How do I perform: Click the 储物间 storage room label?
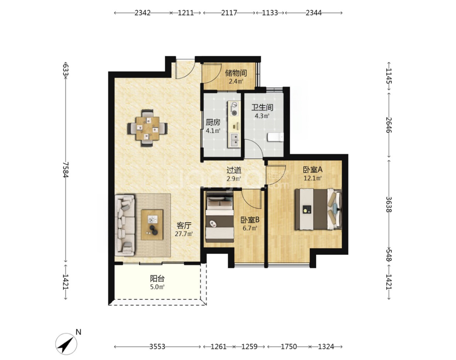[x=236, y=72]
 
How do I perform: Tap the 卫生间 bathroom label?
[x=262, y=107]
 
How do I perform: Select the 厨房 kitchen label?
[x=213, y=122]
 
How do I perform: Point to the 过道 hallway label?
[x=234, y=170]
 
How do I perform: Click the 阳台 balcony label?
[x=157, y=278]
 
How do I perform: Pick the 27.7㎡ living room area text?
[x=184, y=234]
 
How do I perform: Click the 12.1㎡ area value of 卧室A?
[x=313, y=178]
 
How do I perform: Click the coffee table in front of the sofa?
[x=152, y=225]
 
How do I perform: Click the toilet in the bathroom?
[x=275, y=137]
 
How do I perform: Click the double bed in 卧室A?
[x=318, y=209]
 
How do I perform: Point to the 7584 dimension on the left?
[x=66, y=170]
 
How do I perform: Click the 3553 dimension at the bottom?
[x=157, y=346]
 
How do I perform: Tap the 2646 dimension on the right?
[x=389, y=125]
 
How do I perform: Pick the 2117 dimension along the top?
[x=229, y=13]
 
